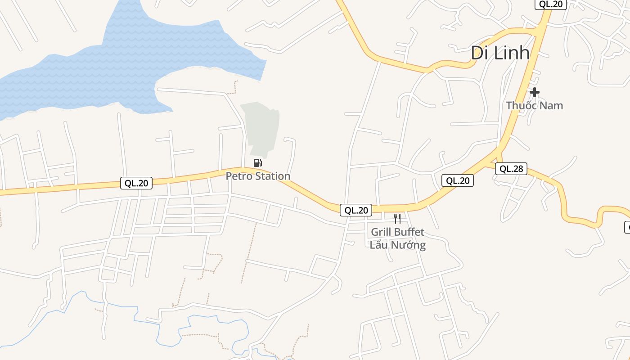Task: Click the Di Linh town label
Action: pos(500,53)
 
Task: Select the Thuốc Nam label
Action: pos(534,105)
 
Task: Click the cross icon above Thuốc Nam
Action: pos(534,92)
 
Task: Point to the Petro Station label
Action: pos(258,176)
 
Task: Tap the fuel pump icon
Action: pos(257,163)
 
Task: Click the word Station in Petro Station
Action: pos(272,176)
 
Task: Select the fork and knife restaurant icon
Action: pos(397,219)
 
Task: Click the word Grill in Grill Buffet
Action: pos(381,232)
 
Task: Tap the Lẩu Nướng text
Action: pos(397,245)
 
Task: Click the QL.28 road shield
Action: pos(511,169)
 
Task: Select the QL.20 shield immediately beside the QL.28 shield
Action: pos(458,180)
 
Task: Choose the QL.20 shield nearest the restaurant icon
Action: pos(356,210)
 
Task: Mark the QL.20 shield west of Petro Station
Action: pos(136,183)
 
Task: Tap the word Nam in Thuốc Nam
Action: pos(551,105)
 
